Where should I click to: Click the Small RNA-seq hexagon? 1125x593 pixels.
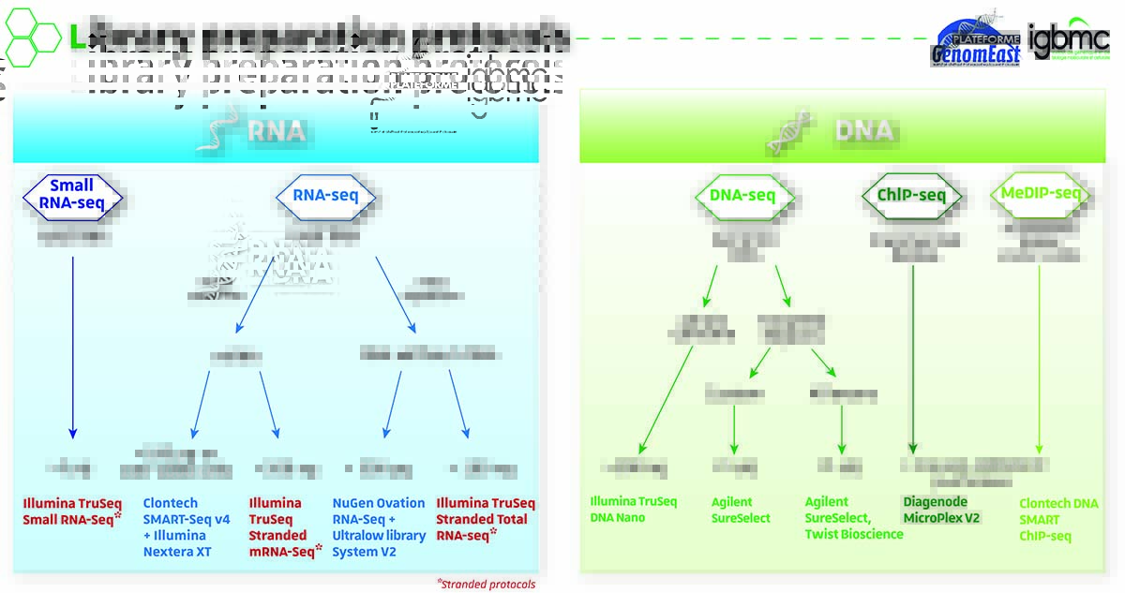coord(72,194)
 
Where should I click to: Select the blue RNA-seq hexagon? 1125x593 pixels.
coord(326,197)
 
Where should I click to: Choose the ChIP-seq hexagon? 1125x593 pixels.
coord(912,196)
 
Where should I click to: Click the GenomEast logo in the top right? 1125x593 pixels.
coord(975,43)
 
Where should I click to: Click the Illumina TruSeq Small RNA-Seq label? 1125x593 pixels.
coord(72,511)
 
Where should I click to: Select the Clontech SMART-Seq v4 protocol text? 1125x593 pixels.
coord(187,527)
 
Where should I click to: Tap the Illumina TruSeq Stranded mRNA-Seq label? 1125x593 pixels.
coord(282,527)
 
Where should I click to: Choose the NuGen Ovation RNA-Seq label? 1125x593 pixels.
coord(379,527)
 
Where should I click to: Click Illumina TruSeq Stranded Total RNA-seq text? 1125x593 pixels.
coord(485,519)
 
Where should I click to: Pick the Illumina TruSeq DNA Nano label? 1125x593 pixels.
coord(633,510)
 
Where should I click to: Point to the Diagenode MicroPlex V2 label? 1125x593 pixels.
coord(940,510)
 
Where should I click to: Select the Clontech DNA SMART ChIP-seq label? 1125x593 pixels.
coord(1058,520)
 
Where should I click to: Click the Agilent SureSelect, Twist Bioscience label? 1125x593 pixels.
coord(853,518)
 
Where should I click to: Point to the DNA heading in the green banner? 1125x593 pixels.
coord(864,130)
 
